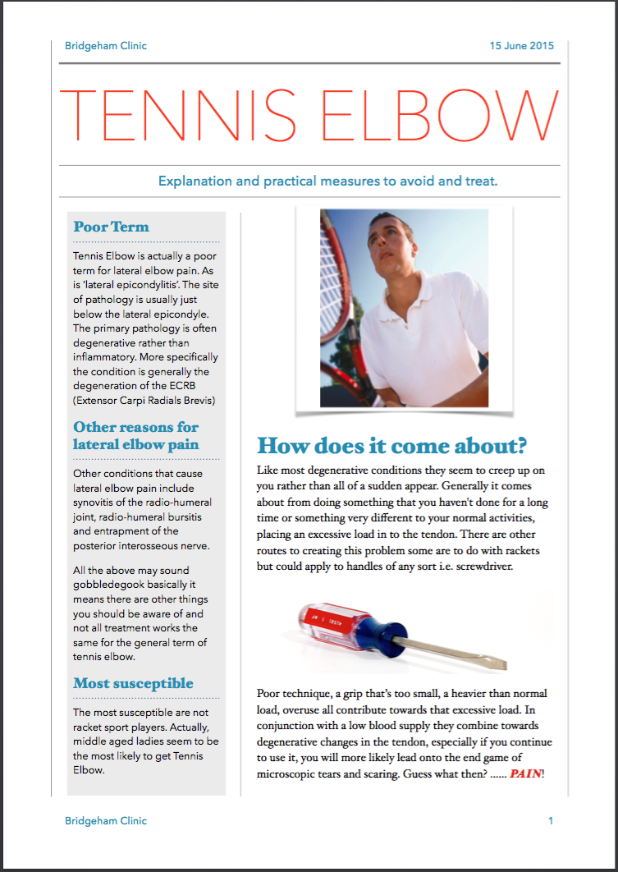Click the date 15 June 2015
(522, 46)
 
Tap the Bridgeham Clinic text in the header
(106, 46)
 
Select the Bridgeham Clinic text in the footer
(106, 820)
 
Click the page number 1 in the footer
(551, 820)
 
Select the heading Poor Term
(111, 227)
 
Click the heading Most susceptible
(133, 683)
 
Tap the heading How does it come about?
(391, 446)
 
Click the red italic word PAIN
(525, 773)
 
